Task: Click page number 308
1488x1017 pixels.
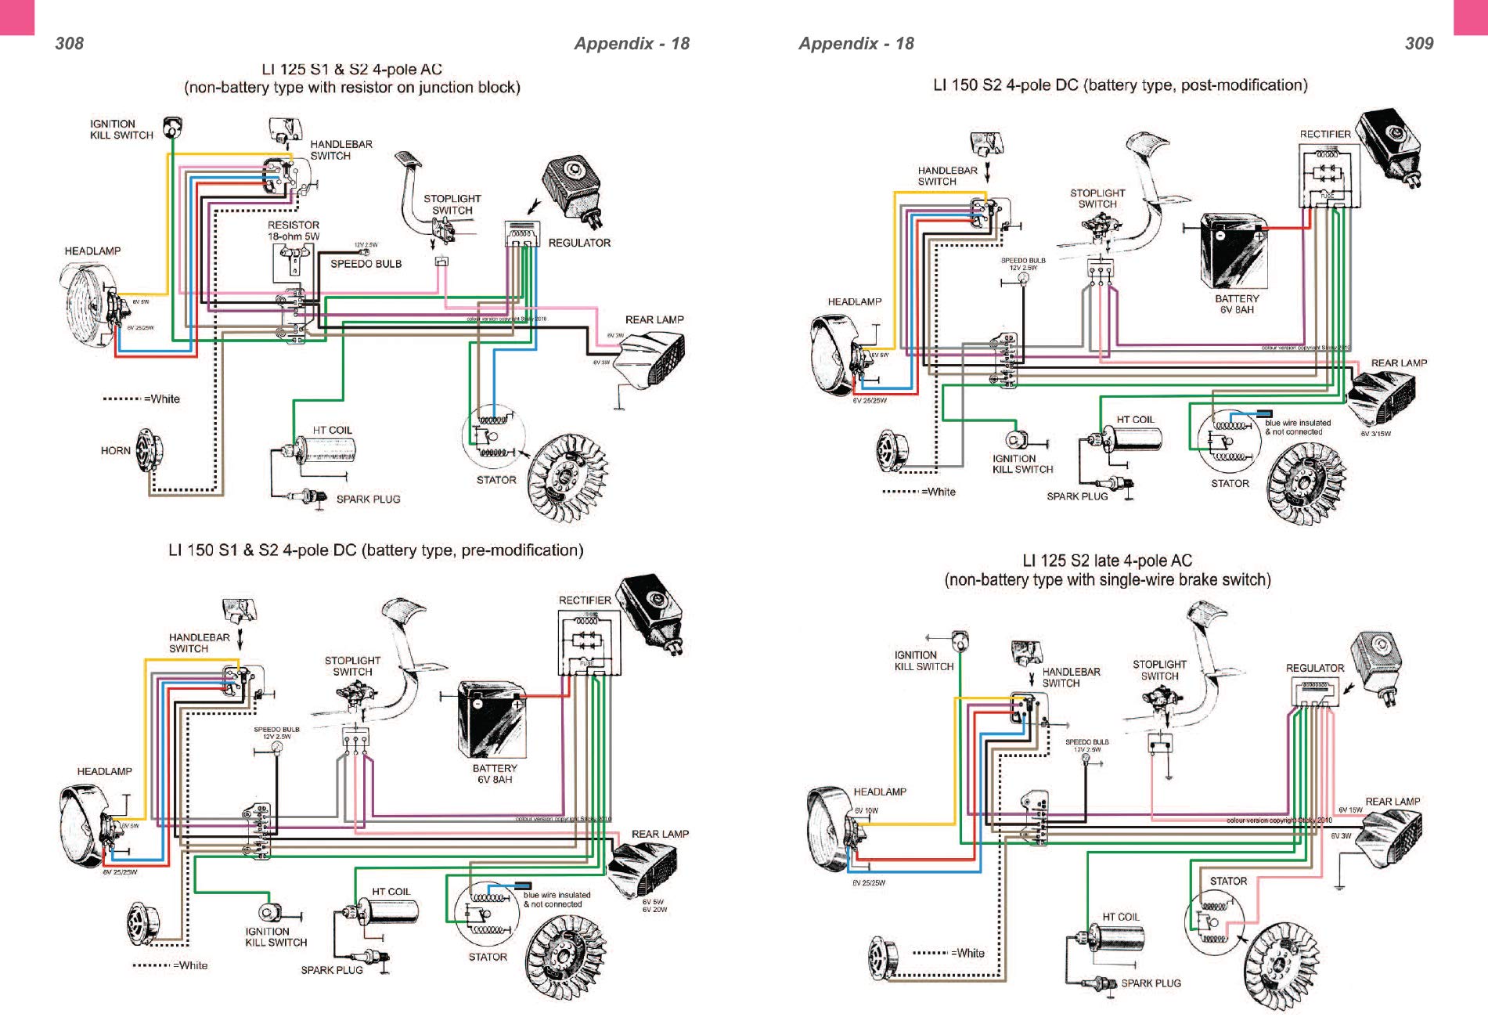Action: point(69,44)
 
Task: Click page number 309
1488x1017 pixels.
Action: point(1418,44)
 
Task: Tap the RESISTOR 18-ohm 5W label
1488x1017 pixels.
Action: point(294,230)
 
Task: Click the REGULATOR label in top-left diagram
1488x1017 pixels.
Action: point(579,243)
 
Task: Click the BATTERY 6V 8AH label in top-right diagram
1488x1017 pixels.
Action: point(1237,304)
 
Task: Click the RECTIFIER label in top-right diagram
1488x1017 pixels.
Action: point(1324,134)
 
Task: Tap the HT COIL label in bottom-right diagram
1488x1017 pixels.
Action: point(1121,917)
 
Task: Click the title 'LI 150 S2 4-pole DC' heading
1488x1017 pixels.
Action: point(1119,85)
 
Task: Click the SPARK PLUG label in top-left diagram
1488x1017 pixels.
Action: point(368,499)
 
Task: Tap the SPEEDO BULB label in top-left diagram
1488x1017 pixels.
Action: point(366,264)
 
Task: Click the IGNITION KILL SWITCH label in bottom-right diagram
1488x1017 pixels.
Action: point(924,661)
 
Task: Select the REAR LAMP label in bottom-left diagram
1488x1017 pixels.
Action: point(660,834)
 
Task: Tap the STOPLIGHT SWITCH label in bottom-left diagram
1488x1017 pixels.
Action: point(352,666)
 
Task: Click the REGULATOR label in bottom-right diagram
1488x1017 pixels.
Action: point(1314,669)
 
